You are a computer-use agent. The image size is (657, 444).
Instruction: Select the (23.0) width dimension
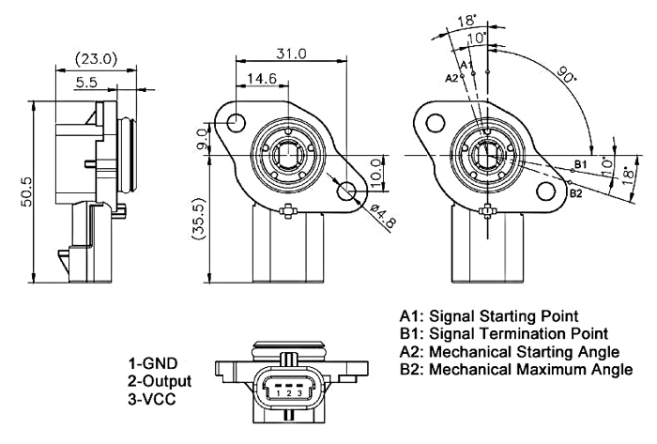(97, 58)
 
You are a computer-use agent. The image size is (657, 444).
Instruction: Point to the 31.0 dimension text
(291, 54)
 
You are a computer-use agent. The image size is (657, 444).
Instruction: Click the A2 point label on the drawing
(451, 77)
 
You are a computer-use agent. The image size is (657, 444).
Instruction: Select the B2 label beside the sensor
(576, 194)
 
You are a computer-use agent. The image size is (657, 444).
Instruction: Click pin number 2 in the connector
(289, 392)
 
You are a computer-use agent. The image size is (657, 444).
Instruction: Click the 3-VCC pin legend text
(153, 398)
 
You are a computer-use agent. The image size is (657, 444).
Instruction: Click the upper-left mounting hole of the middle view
(236, 122)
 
